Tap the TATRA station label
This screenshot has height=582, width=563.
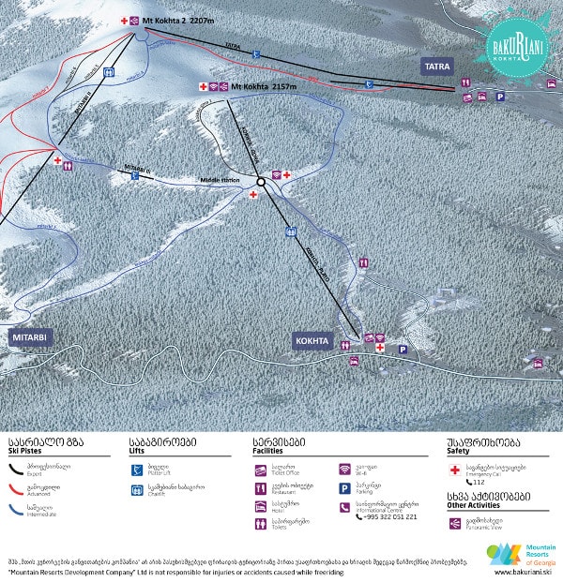coord(438,67)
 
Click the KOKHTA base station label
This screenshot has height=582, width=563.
coord(312,340)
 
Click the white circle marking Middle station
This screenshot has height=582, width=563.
coord(261,183)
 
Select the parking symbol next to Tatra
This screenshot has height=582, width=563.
coord(500,97)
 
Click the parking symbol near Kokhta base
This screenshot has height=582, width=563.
coord(403,351)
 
